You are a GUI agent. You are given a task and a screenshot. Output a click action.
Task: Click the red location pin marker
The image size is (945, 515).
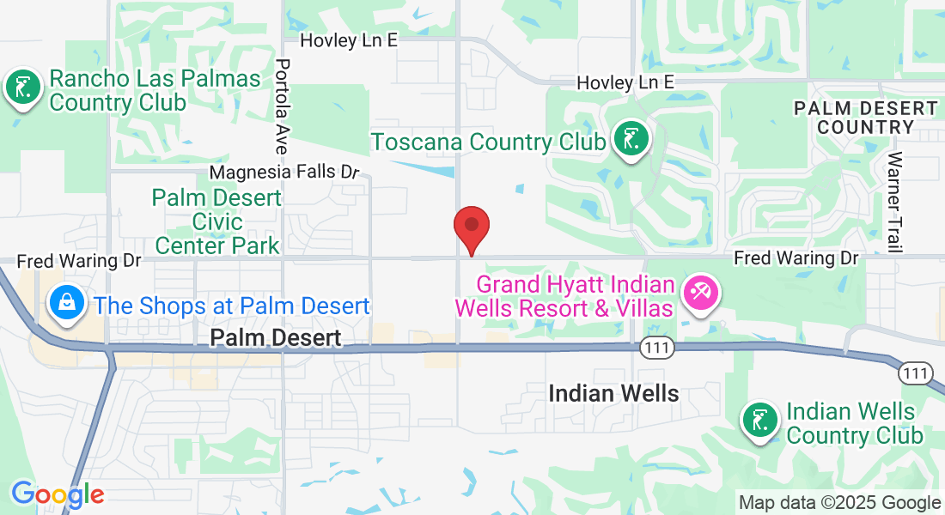(471, 227)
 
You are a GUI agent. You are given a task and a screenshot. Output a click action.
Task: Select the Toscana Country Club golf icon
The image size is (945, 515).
(631, 138)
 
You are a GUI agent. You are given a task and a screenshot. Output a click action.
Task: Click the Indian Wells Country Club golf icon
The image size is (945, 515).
(760, 421)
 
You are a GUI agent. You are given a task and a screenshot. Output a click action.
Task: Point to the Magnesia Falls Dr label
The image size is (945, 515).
(283, 172)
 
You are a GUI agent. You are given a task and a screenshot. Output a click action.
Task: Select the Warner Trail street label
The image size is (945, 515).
(896, 203)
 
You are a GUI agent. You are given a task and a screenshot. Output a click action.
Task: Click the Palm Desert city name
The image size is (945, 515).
(276, 338)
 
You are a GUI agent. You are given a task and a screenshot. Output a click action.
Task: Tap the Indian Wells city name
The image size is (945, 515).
(613, 394)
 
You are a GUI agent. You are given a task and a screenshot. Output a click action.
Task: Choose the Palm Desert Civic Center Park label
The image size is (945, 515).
(216, 221)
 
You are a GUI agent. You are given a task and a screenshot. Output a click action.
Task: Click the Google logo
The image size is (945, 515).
(58, 494)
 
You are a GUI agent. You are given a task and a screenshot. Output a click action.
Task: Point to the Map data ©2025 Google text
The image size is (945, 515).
(840, 503)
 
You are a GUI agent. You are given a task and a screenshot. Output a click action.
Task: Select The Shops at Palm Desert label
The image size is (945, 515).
(232, 306)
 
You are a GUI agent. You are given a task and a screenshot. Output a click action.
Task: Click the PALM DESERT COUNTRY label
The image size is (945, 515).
(865, 118)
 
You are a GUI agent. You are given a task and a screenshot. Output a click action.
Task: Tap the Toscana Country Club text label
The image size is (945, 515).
(488, 142)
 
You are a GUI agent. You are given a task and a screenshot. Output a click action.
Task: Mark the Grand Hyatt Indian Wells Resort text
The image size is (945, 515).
(574, 295)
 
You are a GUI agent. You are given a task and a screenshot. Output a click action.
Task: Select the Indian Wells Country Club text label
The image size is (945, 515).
(855, 423)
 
